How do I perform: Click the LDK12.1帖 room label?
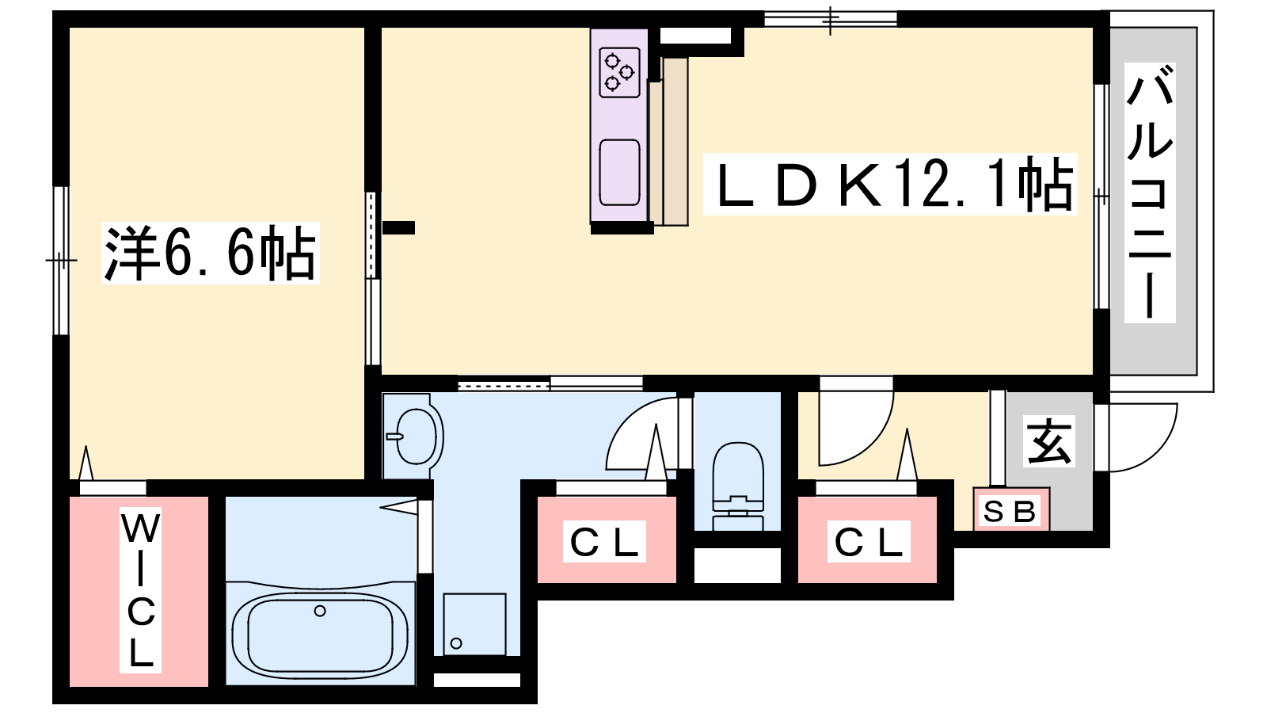(890, 184)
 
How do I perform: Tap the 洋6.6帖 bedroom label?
(211, 253)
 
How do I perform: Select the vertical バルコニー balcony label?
(1149, 193)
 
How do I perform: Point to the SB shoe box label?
(1010, 512)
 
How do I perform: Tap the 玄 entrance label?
(1048, 441)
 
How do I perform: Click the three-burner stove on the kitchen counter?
(619, 72)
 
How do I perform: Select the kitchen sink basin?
(620, 172)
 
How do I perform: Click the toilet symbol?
(737, 486)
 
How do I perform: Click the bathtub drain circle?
(320, 611)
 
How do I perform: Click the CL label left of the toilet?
(604, 542)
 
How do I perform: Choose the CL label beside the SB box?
(869, 542)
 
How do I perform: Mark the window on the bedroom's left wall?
(61, 261)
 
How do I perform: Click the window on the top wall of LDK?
(831, 19)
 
